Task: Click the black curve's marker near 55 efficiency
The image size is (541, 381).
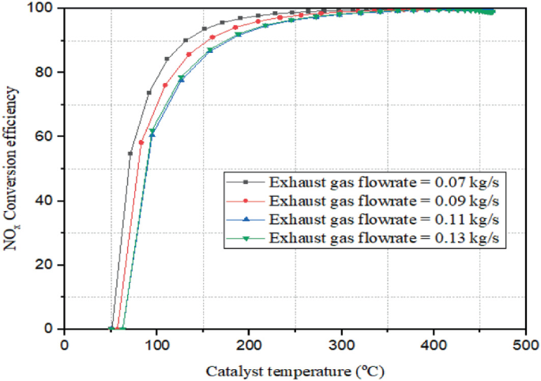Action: coord(130,153)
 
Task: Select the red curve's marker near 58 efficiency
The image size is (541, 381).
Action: coord(141,143)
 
